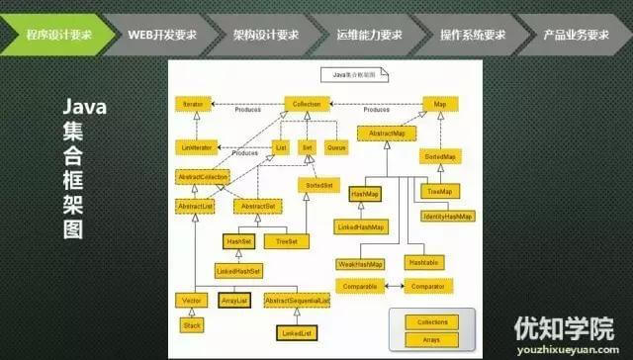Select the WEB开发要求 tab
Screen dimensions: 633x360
coord(162,35)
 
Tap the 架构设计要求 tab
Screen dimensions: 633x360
coord(266,35)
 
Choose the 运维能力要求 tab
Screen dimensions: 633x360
coord(370,35)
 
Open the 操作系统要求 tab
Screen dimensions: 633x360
coord(473,35)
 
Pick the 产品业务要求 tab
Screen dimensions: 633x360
coord(577,35)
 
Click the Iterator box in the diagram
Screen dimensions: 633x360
coord(193,103)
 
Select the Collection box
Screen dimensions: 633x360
coord(305,103)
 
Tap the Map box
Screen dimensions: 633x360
coord(441,103)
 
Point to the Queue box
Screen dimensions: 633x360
coord(336,146)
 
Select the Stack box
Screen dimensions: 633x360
coord(192,323)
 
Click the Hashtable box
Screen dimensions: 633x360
coord(422,263)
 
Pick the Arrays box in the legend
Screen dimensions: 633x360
coord(433,338)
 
